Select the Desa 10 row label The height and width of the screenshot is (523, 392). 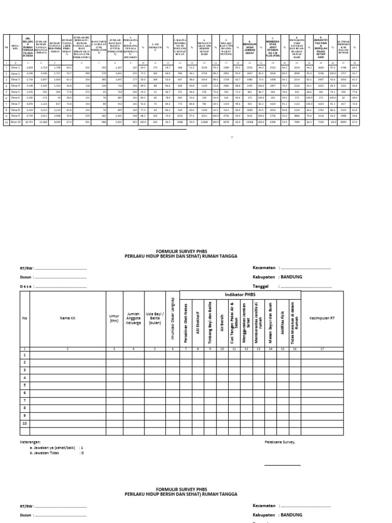(16, 123)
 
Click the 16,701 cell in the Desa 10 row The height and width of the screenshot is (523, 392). (30, 123)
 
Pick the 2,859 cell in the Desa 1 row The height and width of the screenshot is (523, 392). (30, 67)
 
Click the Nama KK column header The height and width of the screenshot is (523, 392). (67, 318)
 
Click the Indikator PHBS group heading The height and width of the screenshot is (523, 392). (240, 295)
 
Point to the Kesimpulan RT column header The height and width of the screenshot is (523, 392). (322, 318)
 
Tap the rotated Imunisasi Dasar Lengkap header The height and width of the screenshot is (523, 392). (173, 317)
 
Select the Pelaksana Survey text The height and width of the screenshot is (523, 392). (280, 441)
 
